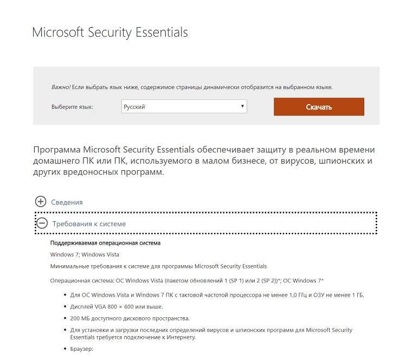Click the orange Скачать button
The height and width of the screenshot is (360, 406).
click(318, 107)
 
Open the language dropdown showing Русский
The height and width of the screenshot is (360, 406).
click(184, 107)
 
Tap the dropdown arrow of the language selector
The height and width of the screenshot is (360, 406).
click(242, 106)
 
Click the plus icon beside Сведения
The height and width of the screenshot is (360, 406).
click(41, 202)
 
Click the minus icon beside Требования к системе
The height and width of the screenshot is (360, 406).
click(42, 223)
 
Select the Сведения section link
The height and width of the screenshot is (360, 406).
click(67, 202)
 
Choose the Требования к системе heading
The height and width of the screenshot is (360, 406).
click(89, 223)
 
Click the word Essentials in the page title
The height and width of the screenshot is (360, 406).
click(162, 32)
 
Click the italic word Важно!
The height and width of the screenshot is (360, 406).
click(61, 87)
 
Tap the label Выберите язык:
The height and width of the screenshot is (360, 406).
click(72, 107)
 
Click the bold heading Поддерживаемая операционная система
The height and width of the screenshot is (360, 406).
click(105, 243)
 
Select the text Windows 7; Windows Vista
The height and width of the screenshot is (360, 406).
click(85, 254)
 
